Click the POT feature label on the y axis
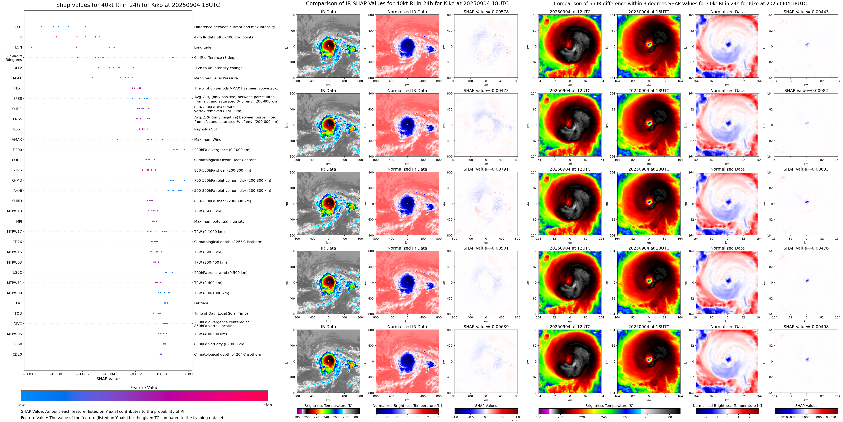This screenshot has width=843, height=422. point(19,27)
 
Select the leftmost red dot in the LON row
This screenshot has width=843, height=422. point(32,47)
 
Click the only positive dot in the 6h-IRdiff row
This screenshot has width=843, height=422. point(173,57)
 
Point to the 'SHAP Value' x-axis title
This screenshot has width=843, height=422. point(108,379)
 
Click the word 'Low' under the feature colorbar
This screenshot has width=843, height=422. point(21,405)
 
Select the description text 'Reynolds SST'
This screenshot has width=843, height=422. point(206,129)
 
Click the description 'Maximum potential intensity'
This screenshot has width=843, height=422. point(219,222)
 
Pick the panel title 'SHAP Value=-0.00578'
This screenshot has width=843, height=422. point(486,12)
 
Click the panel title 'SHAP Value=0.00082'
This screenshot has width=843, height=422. point(806,91)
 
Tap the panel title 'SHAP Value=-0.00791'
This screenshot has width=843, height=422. point(486,169)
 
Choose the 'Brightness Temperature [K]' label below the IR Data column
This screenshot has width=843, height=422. point(328,406)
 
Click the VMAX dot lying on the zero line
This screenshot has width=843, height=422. point(162,139)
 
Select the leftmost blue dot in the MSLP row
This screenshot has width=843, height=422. point(92,78)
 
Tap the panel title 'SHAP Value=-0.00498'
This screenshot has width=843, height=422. point(806,327)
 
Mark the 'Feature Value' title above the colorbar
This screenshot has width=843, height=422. point(144,388)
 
